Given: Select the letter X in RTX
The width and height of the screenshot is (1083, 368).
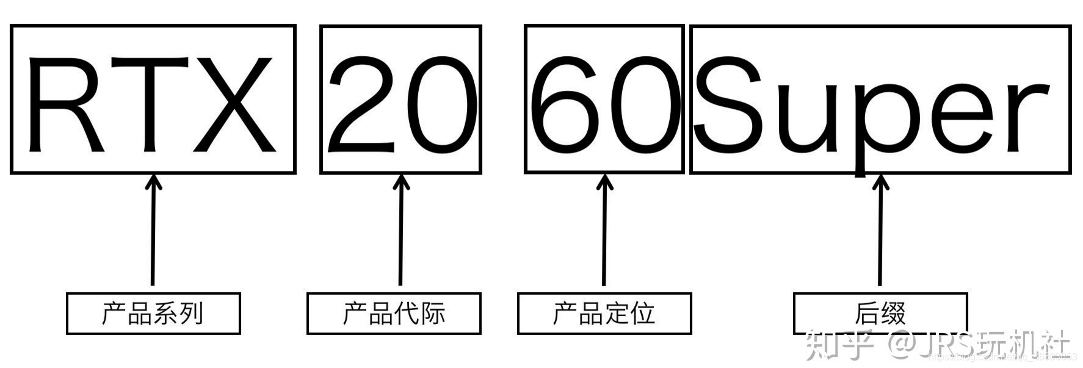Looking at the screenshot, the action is (234, 104).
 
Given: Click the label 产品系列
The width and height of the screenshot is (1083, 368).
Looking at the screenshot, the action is (153, 314).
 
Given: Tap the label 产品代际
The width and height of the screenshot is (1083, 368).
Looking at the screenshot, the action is (394, 314).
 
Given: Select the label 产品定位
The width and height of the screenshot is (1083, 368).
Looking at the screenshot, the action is (604, 314).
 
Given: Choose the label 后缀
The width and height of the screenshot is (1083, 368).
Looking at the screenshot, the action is (880, 314).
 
